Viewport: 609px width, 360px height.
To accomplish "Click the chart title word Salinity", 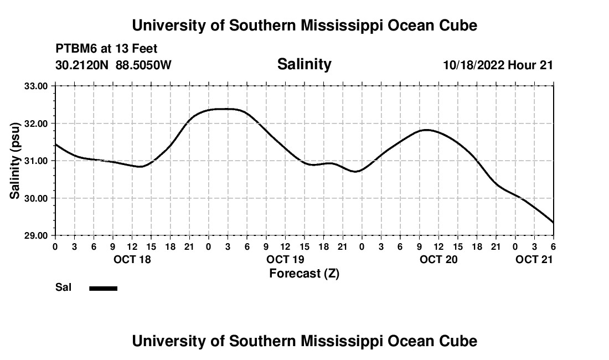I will point(304,64).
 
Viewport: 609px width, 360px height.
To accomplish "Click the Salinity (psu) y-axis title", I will point(15,161).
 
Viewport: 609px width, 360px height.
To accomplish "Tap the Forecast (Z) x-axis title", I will point(304,273).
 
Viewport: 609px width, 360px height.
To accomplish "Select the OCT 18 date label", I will point(132,259).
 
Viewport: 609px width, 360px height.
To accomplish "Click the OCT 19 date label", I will point(285,259).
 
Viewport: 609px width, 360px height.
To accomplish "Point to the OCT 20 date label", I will point(438,259).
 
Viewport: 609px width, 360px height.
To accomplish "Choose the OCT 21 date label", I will point(534,259).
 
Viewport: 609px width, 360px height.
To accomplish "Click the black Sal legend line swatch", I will point(104,288).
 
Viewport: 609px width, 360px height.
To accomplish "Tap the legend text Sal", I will point(64,287).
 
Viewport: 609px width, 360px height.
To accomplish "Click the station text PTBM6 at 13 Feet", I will point(106,49).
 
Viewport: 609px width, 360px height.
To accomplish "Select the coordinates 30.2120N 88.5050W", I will point(113,65).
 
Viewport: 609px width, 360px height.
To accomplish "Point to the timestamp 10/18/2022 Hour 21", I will point(498,65).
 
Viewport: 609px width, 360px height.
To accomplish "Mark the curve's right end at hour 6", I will point(553,223).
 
